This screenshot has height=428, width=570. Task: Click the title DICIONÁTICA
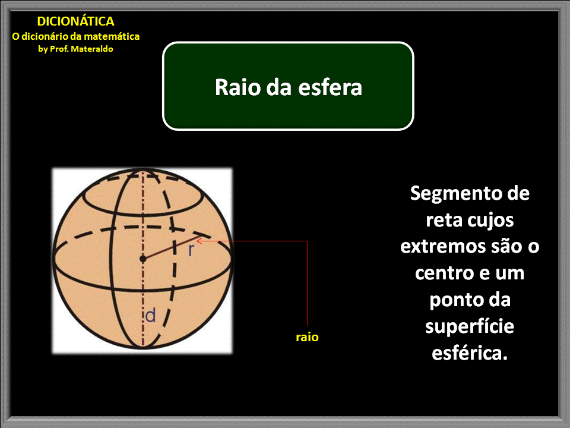click(75, 22)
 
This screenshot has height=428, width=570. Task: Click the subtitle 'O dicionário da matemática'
click(76, 36)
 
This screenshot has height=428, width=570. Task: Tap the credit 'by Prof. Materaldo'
click(75, 49)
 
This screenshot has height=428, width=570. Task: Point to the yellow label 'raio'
click(307, 337)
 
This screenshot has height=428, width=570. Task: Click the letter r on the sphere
click(191, 250)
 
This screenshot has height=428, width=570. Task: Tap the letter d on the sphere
click(151, 316)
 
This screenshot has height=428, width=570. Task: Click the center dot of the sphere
click(142, 258)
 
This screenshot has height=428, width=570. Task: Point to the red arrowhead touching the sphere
click(199, 241)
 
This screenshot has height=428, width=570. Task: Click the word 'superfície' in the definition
click(470, 326)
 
